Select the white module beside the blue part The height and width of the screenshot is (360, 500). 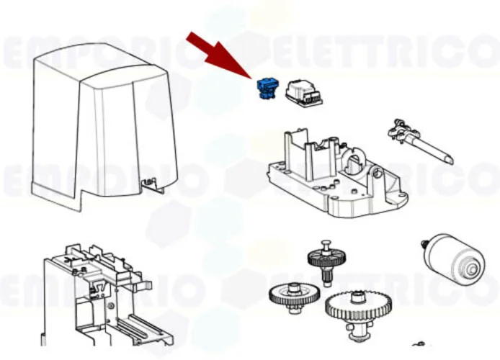(303, 93)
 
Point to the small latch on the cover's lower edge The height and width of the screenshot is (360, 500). (150, 185)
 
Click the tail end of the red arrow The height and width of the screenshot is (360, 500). (191, 37)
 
